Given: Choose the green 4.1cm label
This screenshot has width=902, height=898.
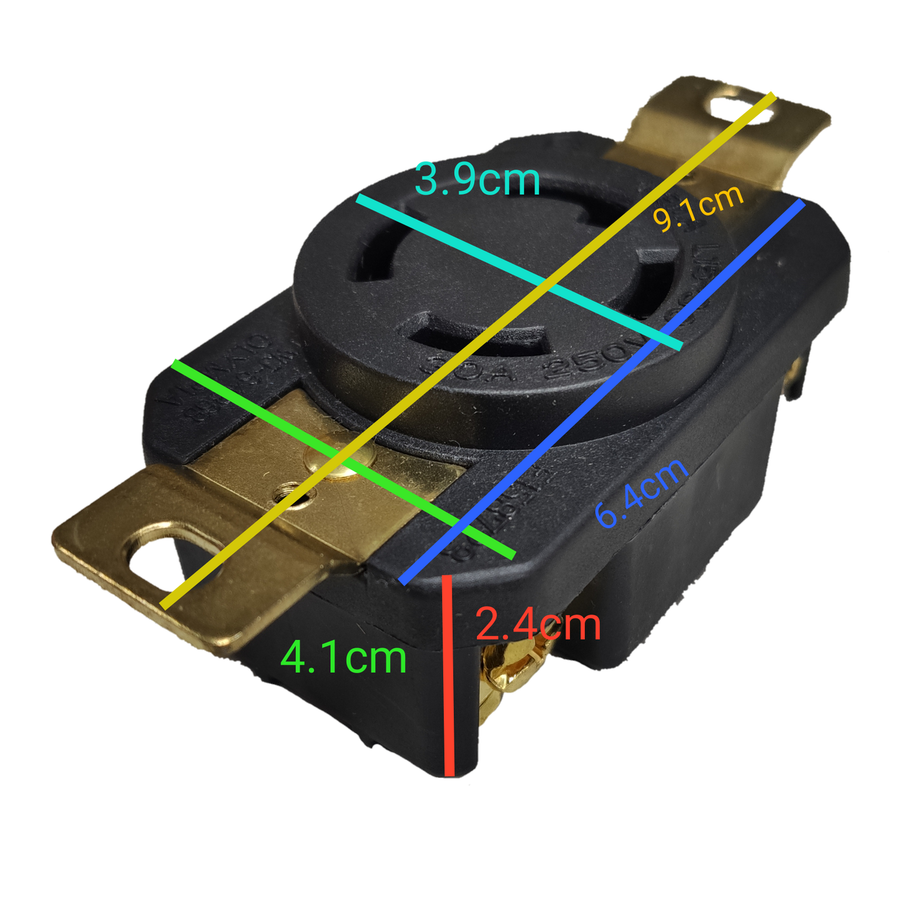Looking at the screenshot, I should click(343, 658).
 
